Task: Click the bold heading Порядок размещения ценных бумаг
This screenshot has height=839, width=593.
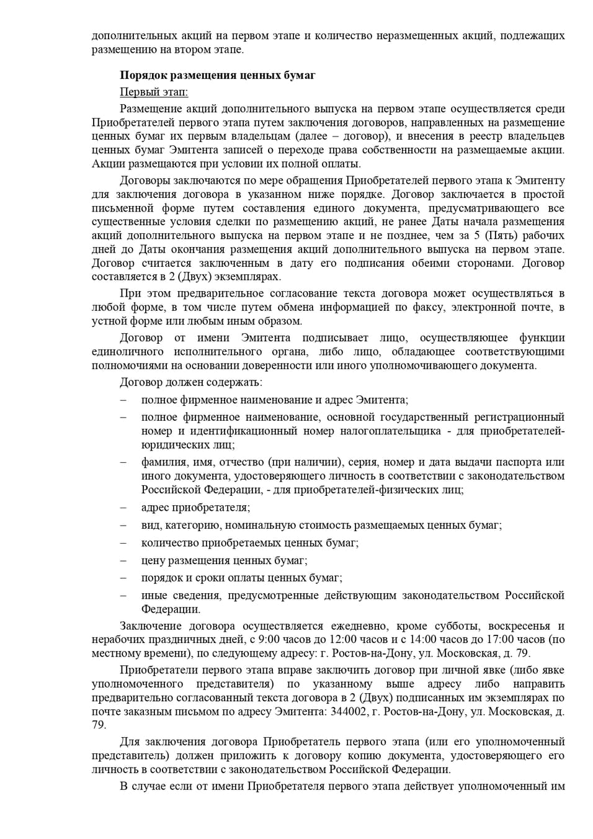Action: pyautogui.click(x=217, y=75)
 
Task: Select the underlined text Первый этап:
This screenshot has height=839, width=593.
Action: pyautogui.click(x=153, y=92)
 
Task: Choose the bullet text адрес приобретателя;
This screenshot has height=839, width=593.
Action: pyautogui.click(x=195, y=507)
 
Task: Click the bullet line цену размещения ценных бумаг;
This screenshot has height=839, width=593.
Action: pyautogui.click(x=224, y=560)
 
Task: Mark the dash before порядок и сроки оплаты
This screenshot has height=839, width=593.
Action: pyautogui.click(x=123, y=578)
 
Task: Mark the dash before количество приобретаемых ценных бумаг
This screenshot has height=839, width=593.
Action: pyautogui.click(x=123, y=543)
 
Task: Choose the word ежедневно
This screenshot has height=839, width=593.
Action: pyautogui.click(x=359, y=626)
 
